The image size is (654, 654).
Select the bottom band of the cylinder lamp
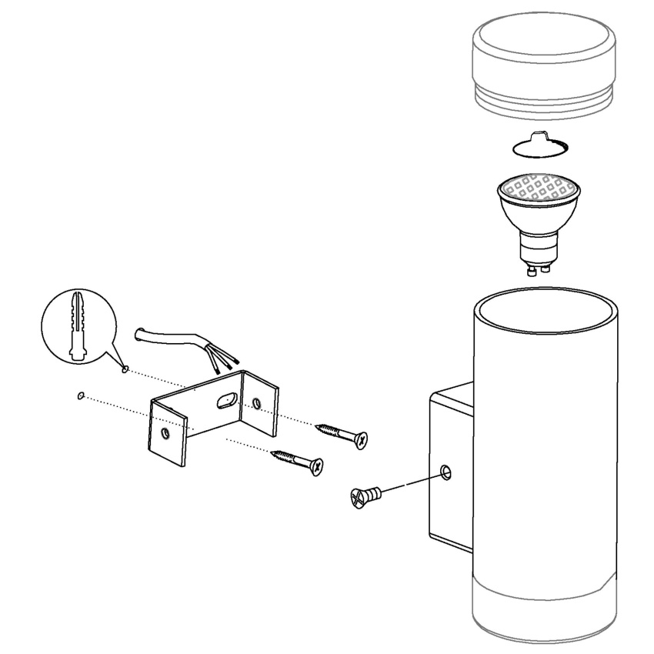(x=545, y=608)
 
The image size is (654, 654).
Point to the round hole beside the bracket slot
(x=257, y=401)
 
